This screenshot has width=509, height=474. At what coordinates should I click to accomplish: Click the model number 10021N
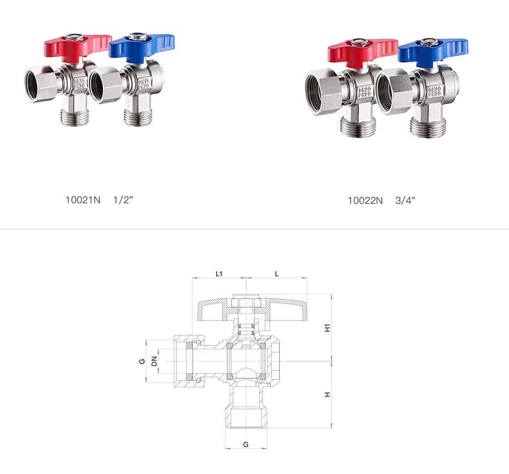point(83,200)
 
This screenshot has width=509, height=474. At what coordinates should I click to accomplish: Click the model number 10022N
point(365,200)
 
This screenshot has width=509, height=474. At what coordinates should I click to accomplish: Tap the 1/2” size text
point(123,200)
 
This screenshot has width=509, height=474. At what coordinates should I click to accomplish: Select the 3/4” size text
point(406,200)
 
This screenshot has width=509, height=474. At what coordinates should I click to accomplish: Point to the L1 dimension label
point(219,274)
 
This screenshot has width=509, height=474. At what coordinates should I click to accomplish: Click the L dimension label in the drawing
point(277,274)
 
